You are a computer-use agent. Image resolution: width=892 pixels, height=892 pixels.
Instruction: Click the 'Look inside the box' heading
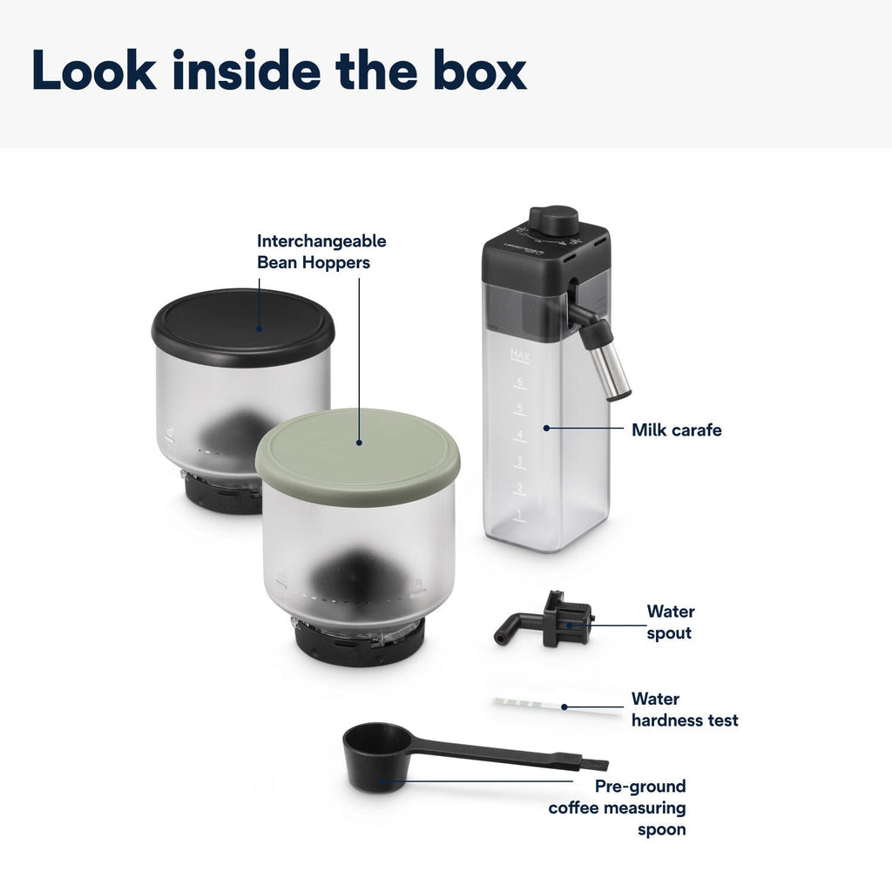[x=279, y=70]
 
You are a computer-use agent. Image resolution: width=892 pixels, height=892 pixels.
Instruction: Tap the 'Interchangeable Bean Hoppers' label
[x=321, y=252]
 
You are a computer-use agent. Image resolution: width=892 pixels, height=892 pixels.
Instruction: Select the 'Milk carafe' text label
[x=676, y=430]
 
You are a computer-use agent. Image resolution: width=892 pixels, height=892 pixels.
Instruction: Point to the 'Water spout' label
[x=671, y=622]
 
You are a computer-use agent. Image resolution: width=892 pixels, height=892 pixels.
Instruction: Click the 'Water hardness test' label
[x=685, y=709]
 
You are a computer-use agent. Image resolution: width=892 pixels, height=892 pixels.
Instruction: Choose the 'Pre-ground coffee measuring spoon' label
[x=618, y=808]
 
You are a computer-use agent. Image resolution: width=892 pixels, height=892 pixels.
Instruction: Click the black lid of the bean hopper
[x=243, y=328]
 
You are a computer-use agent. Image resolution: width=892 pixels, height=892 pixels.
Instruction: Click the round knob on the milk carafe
[x=553, y=220]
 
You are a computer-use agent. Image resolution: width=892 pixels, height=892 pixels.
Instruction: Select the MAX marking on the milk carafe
[x=520, y=356]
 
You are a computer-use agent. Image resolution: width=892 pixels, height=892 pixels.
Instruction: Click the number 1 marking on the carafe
[x=519, y=514]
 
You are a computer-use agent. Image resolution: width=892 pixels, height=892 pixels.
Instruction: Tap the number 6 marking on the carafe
[x=519, y=382]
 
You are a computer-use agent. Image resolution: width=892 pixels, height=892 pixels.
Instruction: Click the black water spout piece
[x=544, y=621]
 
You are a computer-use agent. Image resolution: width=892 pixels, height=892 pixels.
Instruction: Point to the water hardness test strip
[x=557, y=706]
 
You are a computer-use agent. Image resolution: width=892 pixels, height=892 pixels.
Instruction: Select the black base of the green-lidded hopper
[x=359, y=644]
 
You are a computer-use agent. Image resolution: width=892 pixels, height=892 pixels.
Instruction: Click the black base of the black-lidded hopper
[x=222, y=494]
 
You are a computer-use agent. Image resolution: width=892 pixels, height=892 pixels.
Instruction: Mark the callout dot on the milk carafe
[x=546, y=428]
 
